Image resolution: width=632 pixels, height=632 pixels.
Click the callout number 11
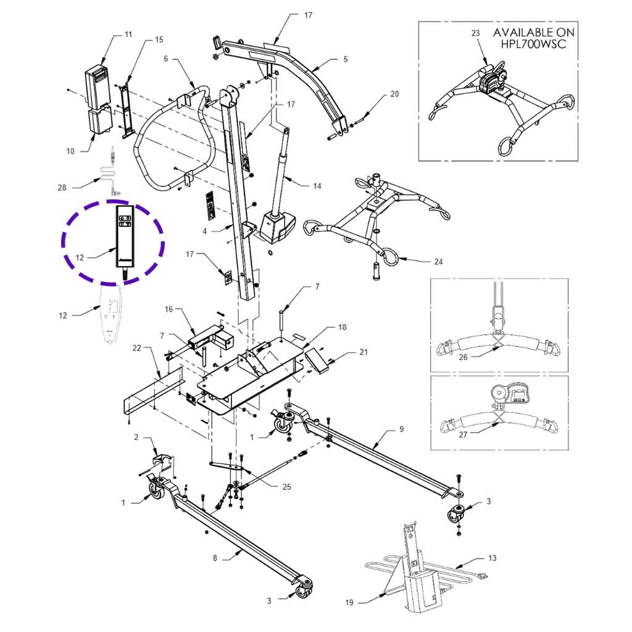pos(128,35)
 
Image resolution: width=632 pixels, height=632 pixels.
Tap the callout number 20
pos(395,94)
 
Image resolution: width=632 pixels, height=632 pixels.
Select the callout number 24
pos(438,262)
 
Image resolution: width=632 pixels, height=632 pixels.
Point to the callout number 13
pos(492,559)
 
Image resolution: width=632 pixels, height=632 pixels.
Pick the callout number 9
pos(401,428)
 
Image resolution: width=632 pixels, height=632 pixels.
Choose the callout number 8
pos(215,558)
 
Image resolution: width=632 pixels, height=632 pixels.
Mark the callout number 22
pos(136,349)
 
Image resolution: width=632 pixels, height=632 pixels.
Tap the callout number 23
pos(475,33)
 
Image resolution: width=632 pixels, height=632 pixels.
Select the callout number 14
pos(317,186)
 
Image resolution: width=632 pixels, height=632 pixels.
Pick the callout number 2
pos(136,438)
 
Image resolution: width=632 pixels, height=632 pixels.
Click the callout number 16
pos(168,309)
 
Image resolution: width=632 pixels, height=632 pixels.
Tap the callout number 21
pos(364,352)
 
